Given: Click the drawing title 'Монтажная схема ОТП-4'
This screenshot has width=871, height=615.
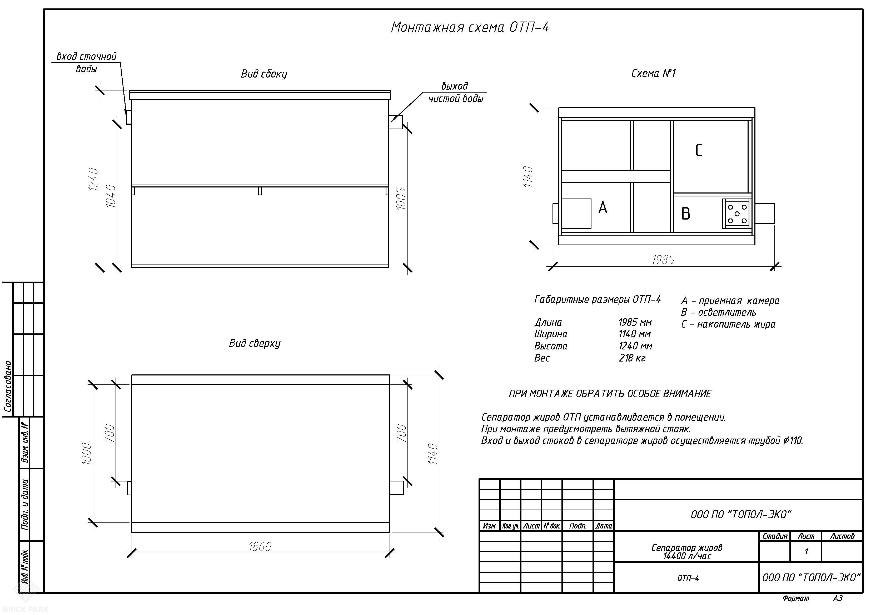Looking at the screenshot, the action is [x=470, y=27].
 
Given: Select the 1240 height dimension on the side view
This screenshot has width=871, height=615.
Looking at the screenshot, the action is [x=93, y=179].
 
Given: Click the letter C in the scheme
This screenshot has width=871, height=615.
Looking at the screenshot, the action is [x=699, y=150].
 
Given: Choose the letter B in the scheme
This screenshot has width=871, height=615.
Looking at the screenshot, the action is [x=685, y=214].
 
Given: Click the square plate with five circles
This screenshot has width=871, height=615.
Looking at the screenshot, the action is [x=737, y=213].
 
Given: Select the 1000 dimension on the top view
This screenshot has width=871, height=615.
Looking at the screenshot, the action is [x=87, y=454].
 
